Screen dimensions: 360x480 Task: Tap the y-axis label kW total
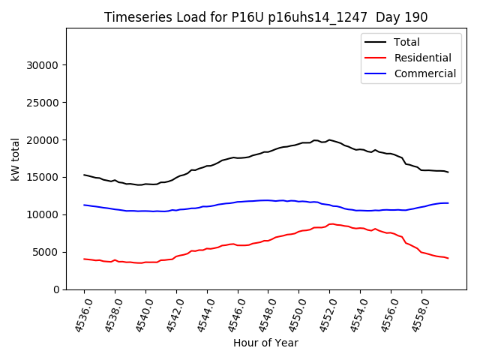tap(15, 158)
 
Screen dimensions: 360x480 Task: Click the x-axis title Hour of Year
tap(265, 343)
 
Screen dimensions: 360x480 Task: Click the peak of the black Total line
tap(329, 139)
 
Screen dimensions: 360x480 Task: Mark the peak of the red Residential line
tap(331, 223)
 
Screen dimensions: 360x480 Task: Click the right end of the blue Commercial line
tap(448, 203)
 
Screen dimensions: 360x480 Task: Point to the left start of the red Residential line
tap(84, 259)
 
